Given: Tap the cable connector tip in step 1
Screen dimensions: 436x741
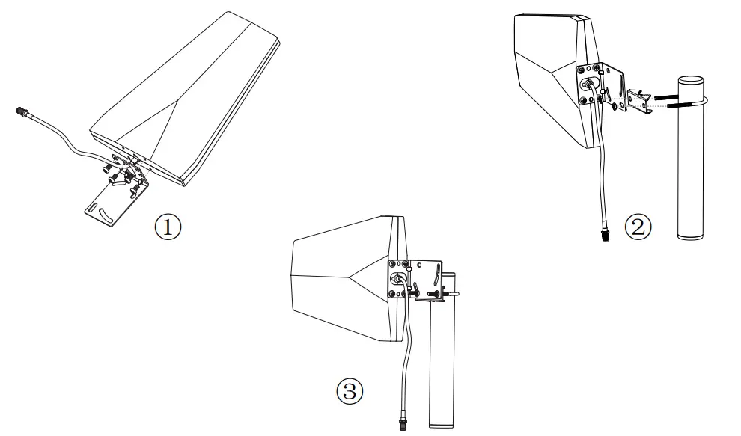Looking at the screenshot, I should [20, 113].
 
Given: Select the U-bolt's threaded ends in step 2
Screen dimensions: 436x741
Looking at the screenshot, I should [665, 100].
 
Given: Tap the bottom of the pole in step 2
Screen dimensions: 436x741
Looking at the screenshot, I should [689, 236].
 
